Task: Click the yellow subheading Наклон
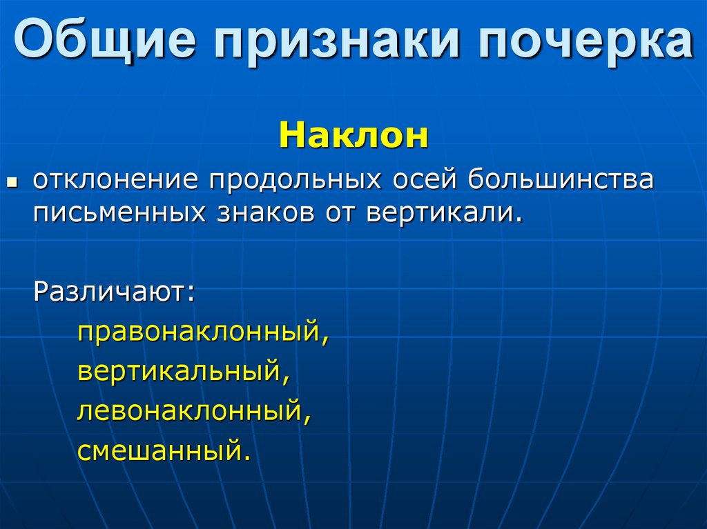(353, 135)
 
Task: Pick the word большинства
(561, 181)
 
